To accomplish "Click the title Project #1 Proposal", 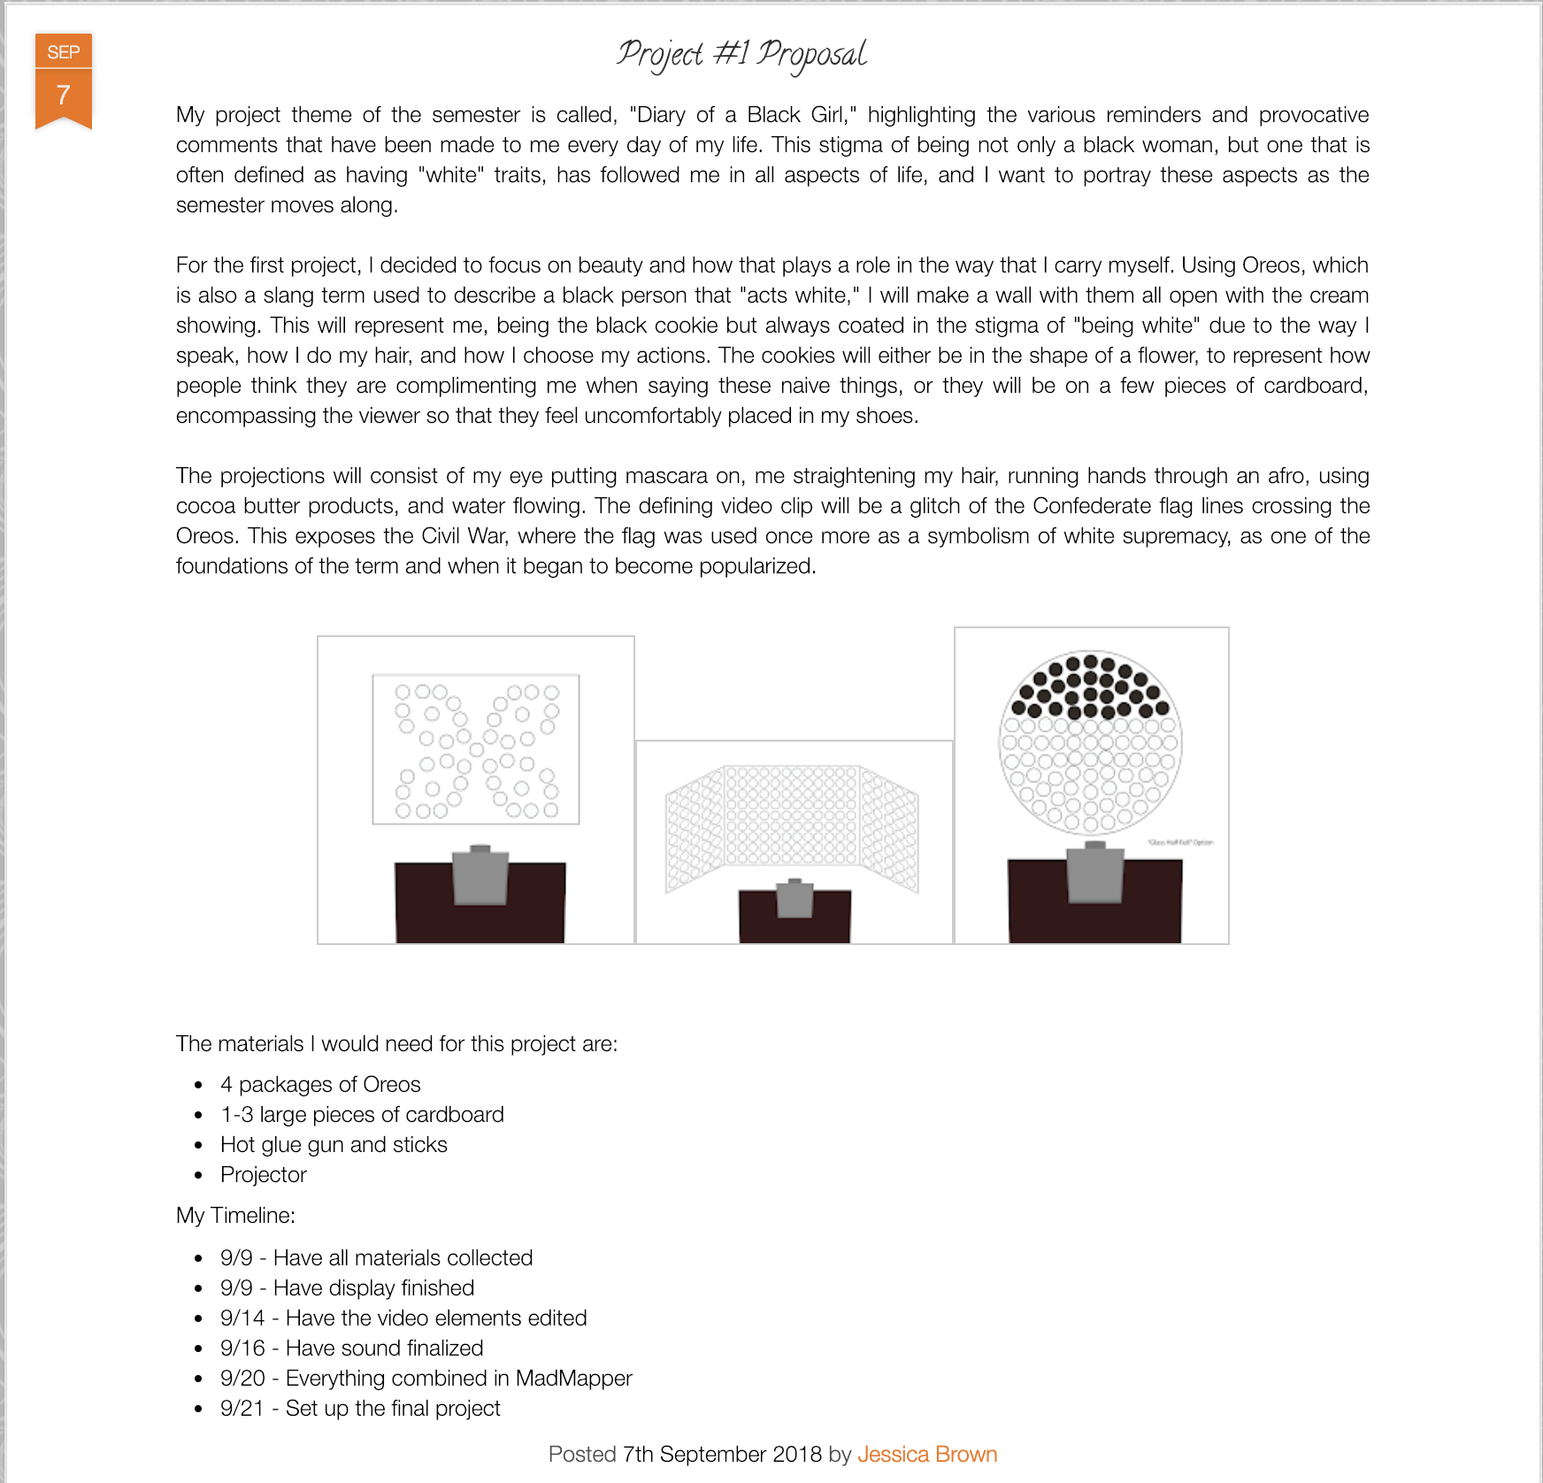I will coord(741,54).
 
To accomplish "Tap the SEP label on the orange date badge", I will coord(64,52).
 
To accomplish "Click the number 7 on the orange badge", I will coord(64,95).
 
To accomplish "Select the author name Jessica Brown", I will coord(926,1454).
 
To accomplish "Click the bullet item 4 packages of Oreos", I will coord(320,1084).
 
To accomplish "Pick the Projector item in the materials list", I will coord(263,1174).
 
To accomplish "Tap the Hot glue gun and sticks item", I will coord(334,1144).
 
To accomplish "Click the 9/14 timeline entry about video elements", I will coord(403,1318).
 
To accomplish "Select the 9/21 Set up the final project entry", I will coord(360,1408).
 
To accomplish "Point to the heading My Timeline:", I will coord(235,1215).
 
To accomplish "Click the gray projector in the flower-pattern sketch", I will coord(480,875).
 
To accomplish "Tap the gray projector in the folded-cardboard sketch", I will coord(795,898).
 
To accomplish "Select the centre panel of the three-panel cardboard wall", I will coord(792,815).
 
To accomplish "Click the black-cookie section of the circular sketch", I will coord(1090,687).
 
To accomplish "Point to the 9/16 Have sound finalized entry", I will coord(351,1348).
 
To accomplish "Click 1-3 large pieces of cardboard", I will coord(362,1114).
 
